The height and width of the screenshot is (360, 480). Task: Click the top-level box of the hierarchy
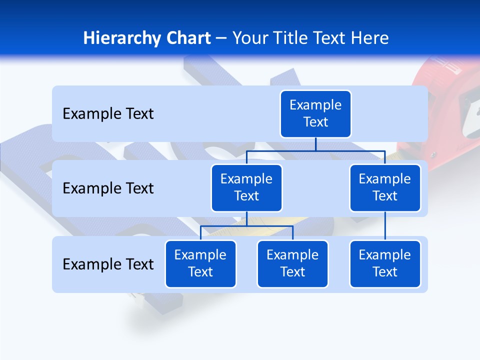[x=315, y=113]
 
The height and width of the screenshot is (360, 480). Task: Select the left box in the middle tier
[x=246, y=187]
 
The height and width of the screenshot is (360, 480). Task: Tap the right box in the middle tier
[x=385, y=187]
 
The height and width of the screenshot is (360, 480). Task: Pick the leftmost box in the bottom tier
[x=200, y=263]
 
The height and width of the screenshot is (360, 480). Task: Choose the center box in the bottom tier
[x=292, y=263]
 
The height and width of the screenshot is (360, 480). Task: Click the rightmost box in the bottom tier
[x=385, y=263]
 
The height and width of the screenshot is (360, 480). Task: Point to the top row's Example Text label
[x=108, y=114]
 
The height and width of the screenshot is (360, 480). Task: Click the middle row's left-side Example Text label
[x=108, y=188]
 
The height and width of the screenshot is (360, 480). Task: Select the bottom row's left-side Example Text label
[x=108, y=264]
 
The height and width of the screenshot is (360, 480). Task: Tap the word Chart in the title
[x=186, y=38]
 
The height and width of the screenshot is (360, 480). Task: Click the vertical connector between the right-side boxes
[x=385, y=225]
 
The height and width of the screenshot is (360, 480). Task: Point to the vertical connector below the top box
[x=315, y=144]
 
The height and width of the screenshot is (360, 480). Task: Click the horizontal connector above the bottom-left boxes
[x=246, y=226]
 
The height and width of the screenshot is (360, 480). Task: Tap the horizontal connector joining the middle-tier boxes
[x=315, y=150]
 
